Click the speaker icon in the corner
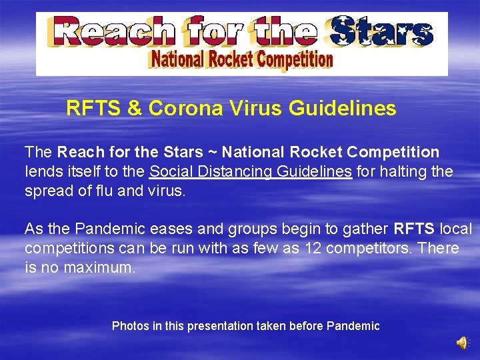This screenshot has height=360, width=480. point(462,342)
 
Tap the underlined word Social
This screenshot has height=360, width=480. point(169,171)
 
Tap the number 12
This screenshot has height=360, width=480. point(313,248)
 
